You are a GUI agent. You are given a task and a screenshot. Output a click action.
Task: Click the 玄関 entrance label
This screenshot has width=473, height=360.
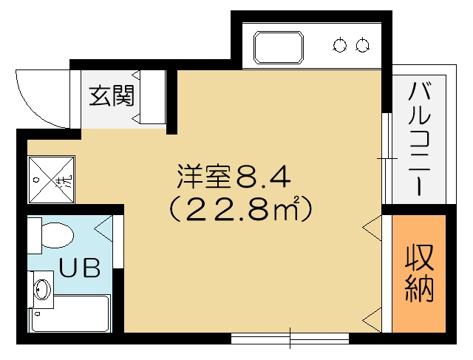(x=112, y=96)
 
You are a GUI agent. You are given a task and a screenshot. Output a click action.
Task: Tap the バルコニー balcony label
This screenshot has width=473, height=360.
(x=419, y=139)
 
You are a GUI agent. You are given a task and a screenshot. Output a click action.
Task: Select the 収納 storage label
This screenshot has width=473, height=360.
(x=419, y=274)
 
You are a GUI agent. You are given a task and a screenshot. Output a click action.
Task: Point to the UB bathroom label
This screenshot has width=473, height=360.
(x=79, y=268)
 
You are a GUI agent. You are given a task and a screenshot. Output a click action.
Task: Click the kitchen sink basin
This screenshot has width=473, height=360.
(x=279, y=47)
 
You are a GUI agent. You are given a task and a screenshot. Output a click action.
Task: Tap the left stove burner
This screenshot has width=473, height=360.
(x=340, y=45)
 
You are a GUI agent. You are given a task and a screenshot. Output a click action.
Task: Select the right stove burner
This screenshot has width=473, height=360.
(x=362, y=45)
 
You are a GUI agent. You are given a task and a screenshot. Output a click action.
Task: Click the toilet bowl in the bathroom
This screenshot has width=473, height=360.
(x=58, y=235)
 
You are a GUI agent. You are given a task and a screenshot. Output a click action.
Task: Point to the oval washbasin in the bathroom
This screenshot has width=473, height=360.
(x=42, y=288)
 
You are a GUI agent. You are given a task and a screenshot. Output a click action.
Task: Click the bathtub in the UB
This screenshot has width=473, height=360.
(x=70, y=314)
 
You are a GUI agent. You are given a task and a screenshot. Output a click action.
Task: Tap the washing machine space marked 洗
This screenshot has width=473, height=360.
(x=51, y=180)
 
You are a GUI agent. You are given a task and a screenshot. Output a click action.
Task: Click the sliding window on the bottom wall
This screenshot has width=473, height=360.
(x=290, y=338)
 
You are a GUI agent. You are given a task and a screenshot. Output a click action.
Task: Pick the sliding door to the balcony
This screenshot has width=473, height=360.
(x=387, y=158)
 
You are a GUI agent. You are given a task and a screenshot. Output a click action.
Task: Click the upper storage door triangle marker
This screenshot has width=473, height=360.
(x=372, y=228)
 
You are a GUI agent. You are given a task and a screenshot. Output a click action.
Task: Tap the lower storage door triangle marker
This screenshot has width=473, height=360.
(x=372, y=319)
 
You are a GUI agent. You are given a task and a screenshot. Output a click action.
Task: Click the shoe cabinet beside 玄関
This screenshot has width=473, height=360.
(x=153, y=97)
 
